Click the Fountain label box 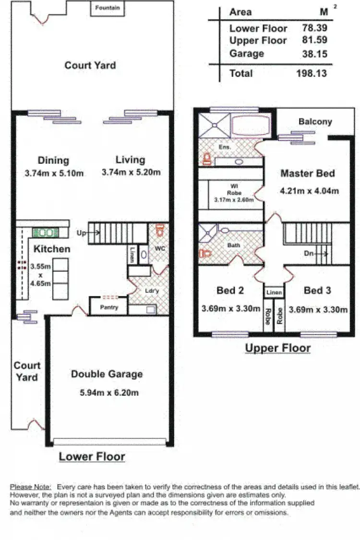108,8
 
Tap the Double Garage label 107,374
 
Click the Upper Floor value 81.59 315,41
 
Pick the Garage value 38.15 315,54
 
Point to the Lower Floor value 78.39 315,28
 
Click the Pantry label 108,307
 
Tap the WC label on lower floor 158,248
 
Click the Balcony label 315,122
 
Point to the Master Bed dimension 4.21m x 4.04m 309,190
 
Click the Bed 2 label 230,290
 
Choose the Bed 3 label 317,290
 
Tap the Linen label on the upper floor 274,292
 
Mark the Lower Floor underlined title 92,457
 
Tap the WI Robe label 231,191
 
